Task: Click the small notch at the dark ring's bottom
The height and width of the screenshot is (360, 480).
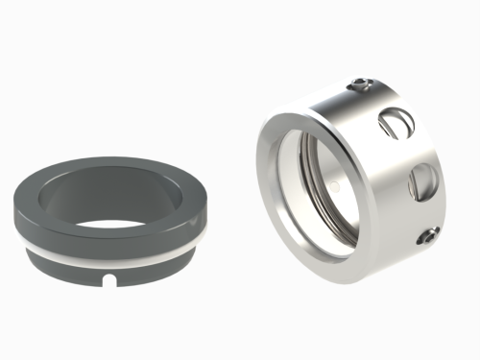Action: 111,281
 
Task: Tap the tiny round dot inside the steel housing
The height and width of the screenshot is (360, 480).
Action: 331,180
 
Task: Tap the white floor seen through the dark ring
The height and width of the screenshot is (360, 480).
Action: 115,222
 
